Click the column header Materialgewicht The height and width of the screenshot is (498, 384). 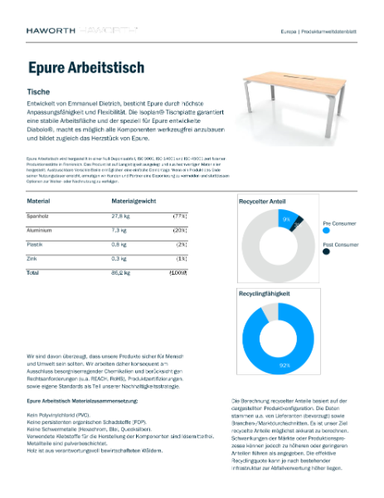134,202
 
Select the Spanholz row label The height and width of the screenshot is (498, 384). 39,215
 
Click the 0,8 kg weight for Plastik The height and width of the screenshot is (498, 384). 118,244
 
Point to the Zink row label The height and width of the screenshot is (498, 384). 34,258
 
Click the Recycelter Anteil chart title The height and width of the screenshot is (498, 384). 264,202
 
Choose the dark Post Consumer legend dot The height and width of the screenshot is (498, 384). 327,254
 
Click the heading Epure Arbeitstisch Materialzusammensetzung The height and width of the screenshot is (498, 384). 80,401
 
